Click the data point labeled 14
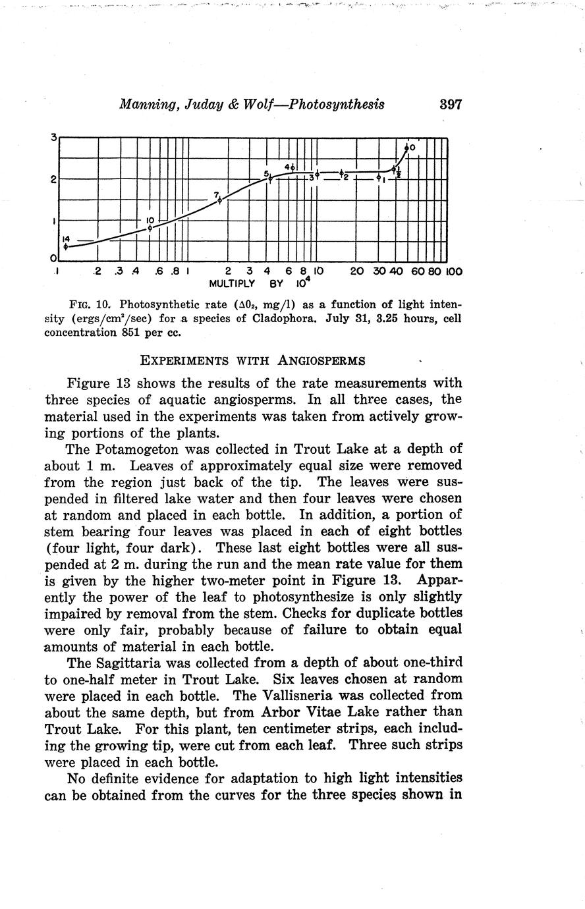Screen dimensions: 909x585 click(x=66, y=246)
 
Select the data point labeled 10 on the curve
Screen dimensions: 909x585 click(x=150, y=228)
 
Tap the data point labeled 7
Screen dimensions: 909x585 click(x=220, y=201)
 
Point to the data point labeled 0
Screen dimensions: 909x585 click(x=407, y=148)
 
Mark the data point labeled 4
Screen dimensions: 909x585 click(x=292, y=168)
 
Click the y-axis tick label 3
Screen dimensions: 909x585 click(x=53, y=138)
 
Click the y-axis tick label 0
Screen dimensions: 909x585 click(x=53, y=260)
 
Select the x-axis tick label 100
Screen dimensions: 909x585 click(x=454, y=271)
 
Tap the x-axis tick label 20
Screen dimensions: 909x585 click(x=356, y=271)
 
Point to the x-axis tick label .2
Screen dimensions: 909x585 click(x=97, y=271)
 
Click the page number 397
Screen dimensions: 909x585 click(x=451, y=105)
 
